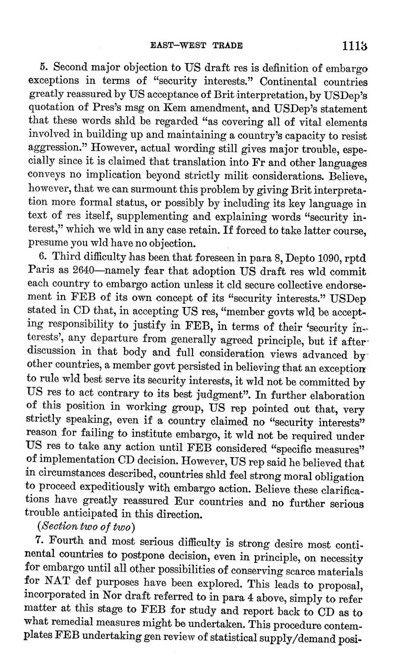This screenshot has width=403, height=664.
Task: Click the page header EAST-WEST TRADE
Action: coord(197,46)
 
